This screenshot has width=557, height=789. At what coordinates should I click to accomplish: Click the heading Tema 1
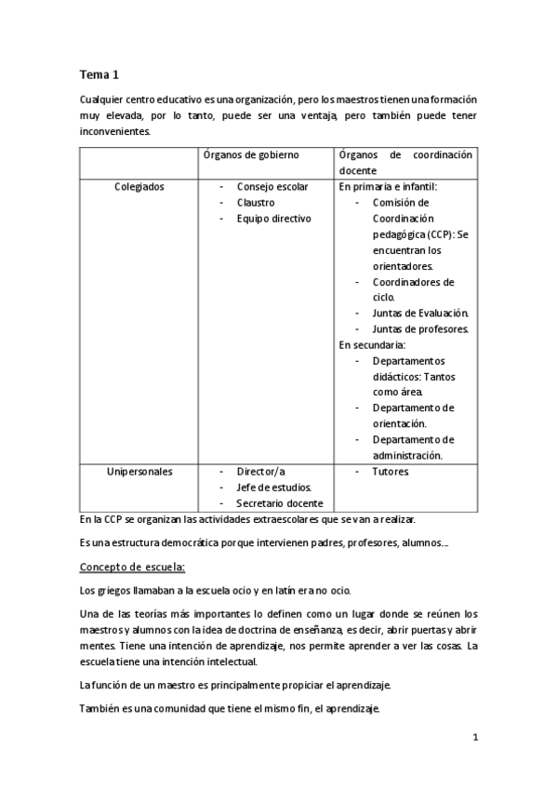click(99, 74)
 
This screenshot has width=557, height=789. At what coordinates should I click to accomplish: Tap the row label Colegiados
click(139, 186)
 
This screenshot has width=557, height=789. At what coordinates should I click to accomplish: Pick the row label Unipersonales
click(139, 471)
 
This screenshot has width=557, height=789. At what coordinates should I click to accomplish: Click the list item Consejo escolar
click(272, 186)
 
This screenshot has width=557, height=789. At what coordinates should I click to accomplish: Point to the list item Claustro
click(255, 202)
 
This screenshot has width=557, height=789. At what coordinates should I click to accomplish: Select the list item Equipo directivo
click(273, 218)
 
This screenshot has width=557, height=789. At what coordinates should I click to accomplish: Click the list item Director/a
click(260, 471)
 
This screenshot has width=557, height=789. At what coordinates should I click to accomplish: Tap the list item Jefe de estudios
click(273, 487)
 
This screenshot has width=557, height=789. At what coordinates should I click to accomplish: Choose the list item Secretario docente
click(280, 502)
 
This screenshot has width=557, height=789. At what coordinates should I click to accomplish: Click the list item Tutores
click(390, 471)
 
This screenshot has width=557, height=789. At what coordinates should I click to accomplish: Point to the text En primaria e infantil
click(388, 186)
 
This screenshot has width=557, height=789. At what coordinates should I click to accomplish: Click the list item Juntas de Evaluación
click(420, 313)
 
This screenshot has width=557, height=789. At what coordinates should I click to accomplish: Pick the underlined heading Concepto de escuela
click(132, 566)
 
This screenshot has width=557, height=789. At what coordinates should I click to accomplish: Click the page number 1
click(474, 738)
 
